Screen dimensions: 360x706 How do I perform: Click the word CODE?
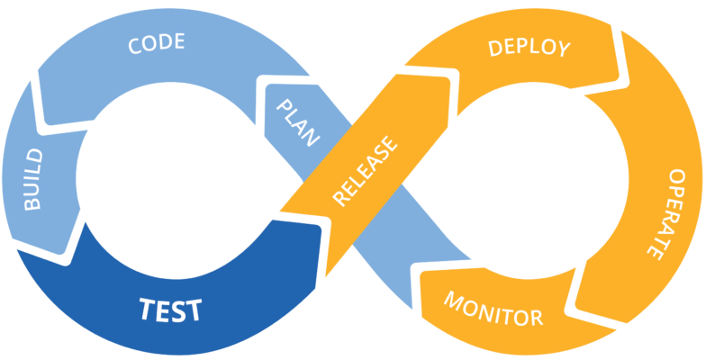click(x=157, y=43)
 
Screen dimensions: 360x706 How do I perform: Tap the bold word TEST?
click(x=170, y=310)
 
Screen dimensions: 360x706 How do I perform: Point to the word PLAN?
click(x=297, y=122)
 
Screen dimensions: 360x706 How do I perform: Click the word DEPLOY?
click(x=529, y=48)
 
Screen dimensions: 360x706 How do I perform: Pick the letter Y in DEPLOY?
click(x=564, y=51)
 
